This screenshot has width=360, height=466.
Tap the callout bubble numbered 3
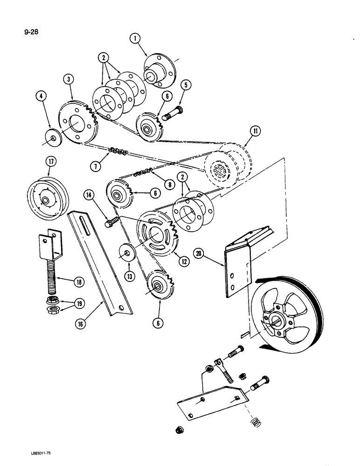pyautogui.click(x=69, y=80)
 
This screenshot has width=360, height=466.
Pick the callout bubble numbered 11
pyautogui.click(x=242, y=132)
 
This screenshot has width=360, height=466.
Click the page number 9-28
pyautogui.click(x=14, y=20)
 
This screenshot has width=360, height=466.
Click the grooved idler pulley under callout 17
pyautogui.click(x=46, y=199)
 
